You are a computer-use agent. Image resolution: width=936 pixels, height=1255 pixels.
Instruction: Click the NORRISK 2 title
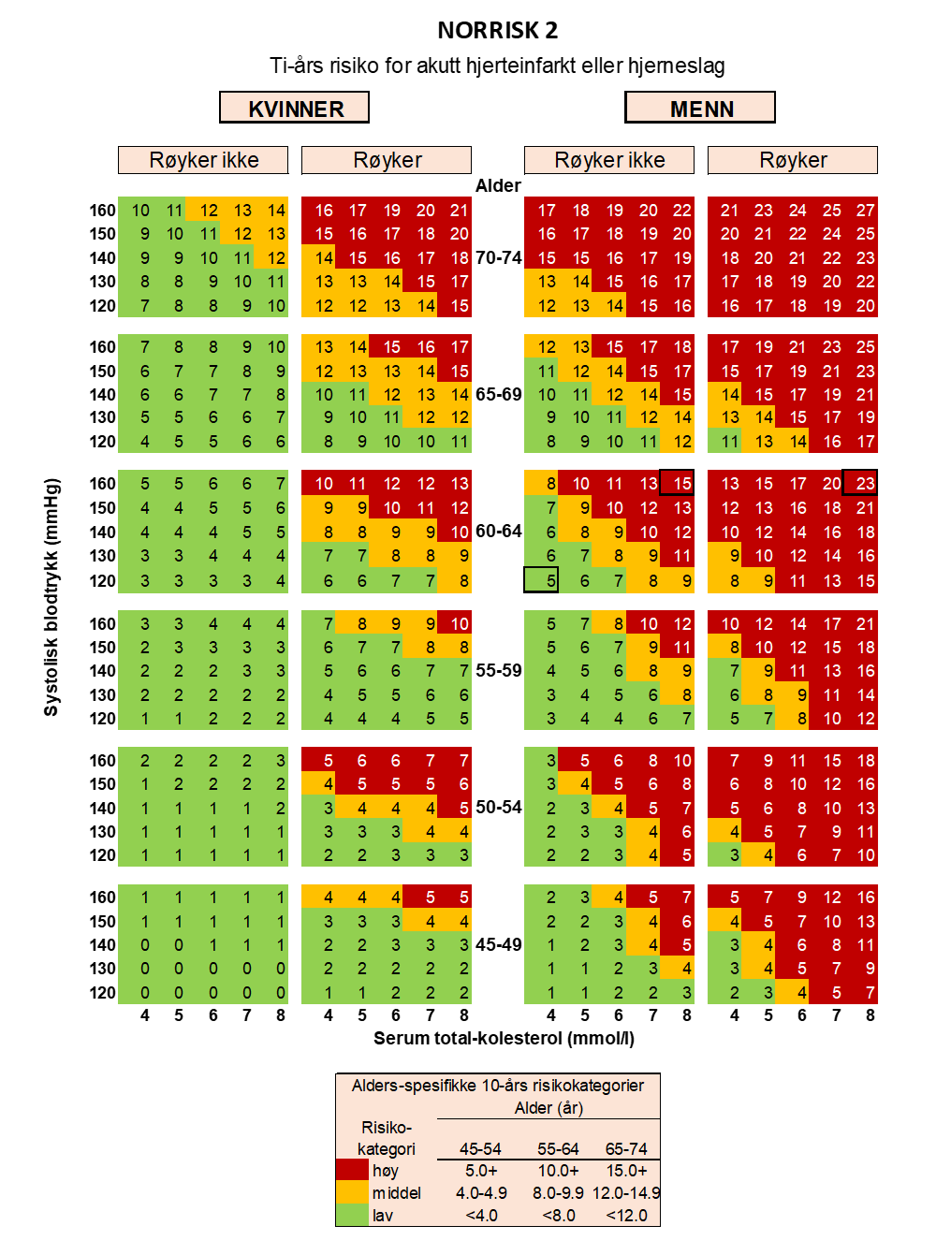pyautogui.click(x=497, y=31)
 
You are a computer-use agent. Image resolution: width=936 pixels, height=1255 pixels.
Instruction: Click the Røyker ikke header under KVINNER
pyautogui.click(x=203, y=160)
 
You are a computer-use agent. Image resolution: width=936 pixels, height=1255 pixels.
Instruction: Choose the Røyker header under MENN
pyautogui.click(x=793, y=160)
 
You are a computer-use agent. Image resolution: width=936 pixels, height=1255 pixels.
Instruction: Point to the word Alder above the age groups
pyautogui.click(x=497, y=185)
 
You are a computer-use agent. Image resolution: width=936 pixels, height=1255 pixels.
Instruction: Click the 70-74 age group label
pyautogui.click(x=498, y=257)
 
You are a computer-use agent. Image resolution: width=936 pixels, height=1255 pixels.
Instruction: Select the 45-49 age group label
pyautogui.click(x=498, y=944)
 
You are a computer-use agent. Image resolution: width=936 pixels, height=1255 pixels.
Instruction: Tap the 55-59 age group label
pyautogui.click(x=498, y=670)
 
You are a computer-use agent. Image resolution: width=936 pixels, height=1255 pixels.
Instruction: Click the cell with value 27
pyautogui.click(x=866, y=211)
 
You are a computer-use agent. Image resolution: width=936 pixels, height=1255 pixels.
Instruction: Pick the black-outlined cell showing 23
pyautogui.click(x=861, y=483)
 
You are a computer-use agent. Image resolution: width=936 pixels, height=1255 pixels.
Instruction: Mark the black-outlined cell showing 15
pyautogui.click(x=678, y=483)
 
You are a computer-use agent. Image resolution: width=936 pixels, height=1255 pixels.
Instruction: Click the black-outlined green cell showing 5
pyautogui.click(x=542, y=580)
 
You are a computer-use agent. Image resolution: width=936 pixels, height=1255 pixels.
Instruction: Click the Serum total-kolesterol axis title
pyautogui.click(x=504, y=1038)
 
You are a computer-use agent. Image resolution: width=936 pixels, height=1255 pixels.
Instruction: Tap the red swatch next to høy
pyautogui.click(x=352, y=1171)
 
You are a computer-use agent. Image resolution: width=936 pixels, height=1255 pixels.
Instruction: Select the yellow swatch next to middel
pyautogui.click(x=352, y=1192)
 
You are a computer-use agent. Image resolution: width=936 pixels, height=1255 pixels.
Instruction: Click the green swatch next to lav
pyautogui.click(x=352, y=1215)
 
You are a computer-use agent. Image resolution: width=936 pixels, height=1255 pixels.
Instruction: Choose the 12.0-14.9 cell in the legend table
pyautogui.click(x=626, y=1192)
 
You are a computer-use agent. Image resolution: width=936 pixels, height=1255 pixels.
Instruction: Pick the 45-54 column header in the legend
pyautogui.click(x=480, y=1148)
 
